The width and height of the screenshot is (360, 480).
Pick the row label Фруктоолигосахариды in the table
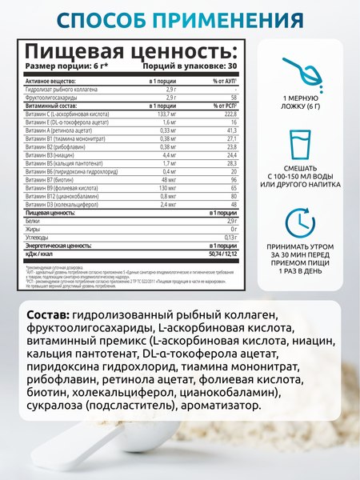(x=53, y=97)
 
